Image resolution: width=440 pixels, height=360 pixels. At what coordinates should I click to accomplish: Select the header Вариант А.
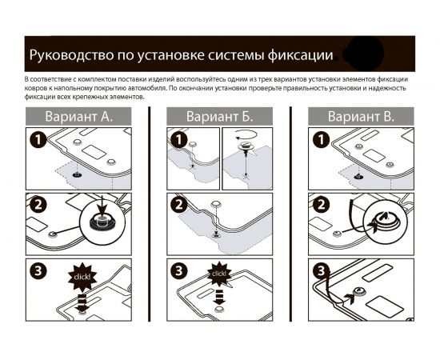pos(78,117)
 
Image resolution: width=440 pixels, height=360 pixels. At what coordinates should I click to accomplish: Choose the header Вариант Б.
pos(219,117)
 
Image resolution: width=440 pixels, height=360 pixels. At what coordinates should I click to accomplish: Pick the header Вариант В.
pos(361,117)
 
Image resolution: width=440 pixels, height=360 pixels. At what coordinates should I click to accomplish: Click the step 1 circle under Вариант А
pos(37,142)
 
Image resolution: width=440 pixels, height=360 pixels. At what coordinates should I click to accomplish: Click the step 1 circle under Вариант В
pos(319,142)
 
